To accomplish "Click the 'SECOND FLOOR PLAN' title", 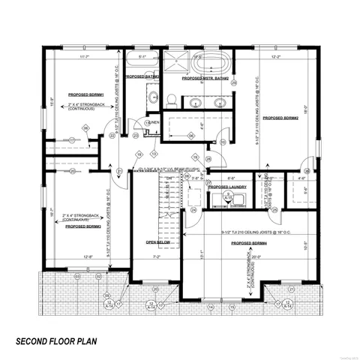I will (x=67, y=340).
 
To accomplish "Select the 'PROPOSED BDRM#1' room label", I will (x=83, y=96).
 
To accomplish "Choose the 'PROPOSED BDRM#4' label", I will (x=250, y=244).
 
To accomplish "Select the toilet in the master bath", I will (x=172, y=99).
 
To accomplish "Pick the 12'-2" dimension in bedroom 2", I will (x=277, y=57).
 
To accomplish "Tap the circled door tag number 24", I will (x=193, y=211).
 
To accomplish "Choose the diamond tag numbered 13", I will (x=154, y=154).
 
